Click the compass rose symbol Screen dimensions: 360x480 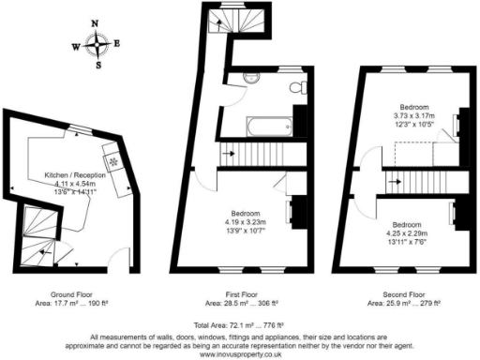click(97, 42)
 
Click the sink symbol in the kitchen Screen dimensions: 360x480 click(112, 161)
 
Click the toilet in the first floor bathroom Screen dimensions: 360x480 click(296, 87)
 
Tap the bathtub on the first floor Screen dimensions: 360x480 click(257, 125)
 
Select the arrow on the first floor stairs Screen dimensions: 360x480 click(228, 150)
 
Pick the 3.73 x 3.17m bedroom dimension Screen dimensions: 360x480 click(413, 116)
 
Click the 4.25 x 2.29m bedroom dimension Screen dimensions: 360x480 click(406, 233)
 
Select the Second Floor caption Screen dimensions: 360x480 click(408, 295)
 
